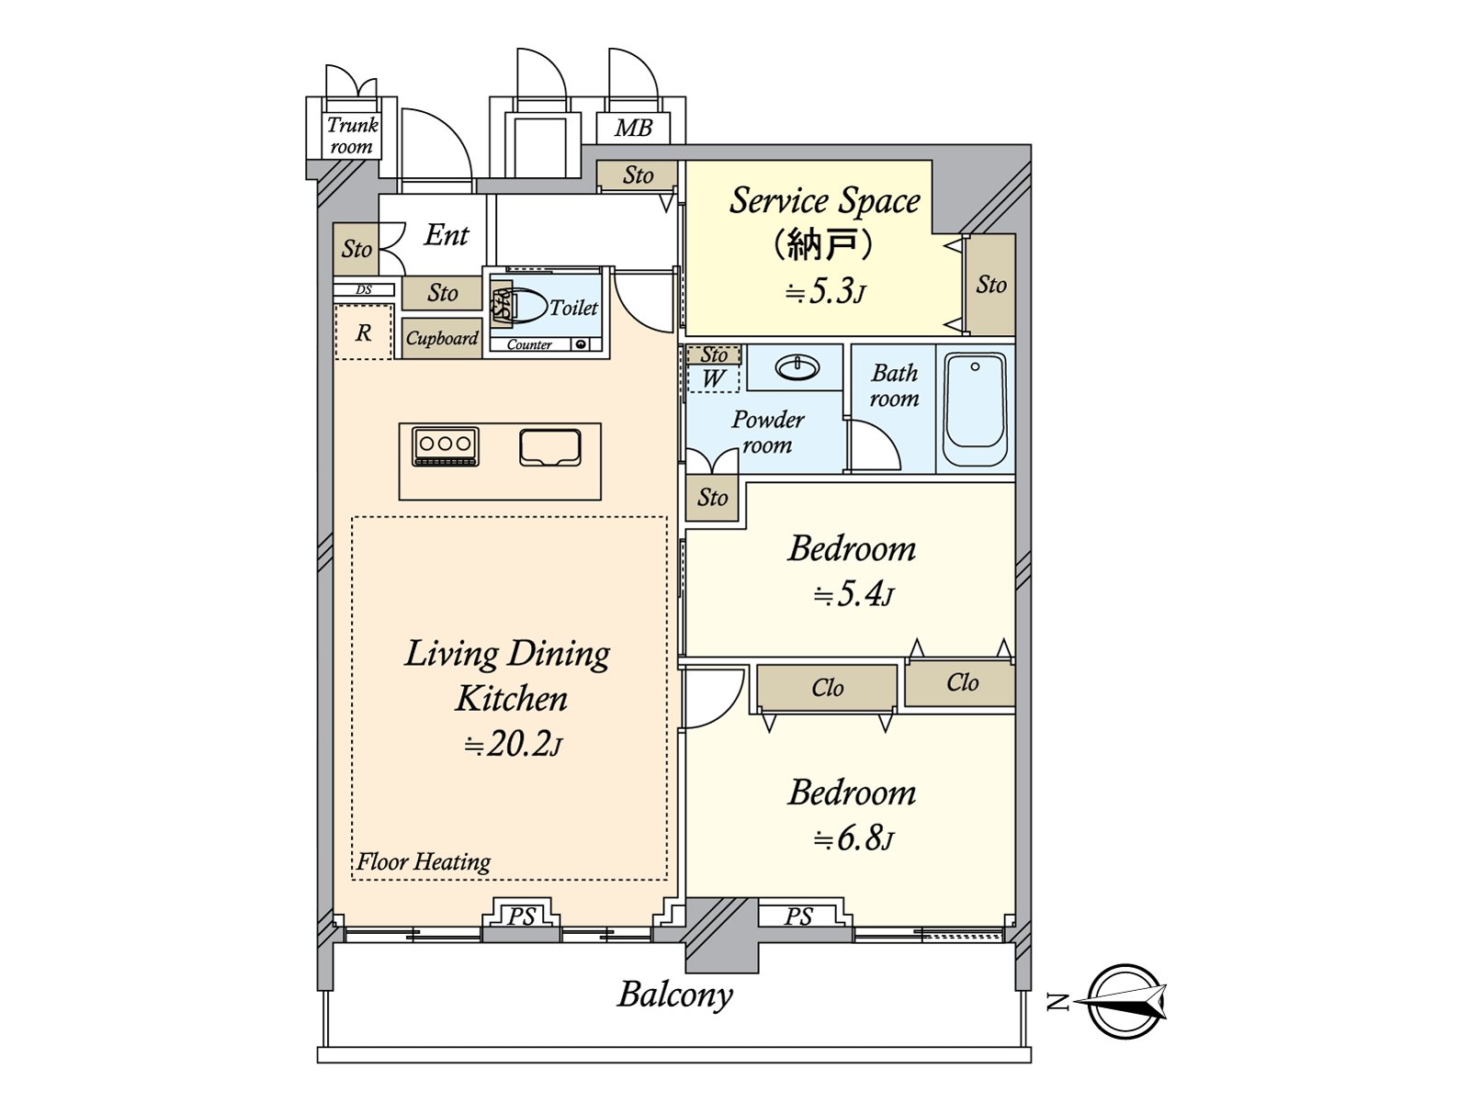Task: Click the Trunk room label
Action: click(352, 135)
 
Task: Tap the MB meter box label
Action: click(633, 128)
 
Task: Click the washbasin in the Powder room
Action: click(797, 368)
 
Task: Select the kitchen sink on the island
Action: click(549, 447)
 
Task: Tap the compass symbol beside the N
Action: click(1126, 1001)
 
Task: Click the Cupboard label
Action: click(442, 338)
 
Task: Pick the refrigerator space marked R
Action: click(364, 332)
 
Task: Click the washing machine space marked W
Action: click(714, 378)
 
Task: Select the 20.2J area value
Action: click(512, 744)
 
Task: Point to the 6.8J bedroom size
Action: click(854, 838)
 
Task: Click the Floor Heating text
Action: click(424, 861)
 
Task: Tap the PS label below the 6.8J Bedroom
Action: click(798, 916)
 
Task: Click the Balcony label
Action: click(675, 995)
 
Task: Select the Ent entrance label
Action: click(447, 235)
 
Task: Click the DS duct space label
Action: click(364, 290)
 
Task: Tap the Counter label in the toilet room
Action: click(529, 345)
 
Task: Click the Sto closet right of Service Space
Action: click(991, 285)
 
